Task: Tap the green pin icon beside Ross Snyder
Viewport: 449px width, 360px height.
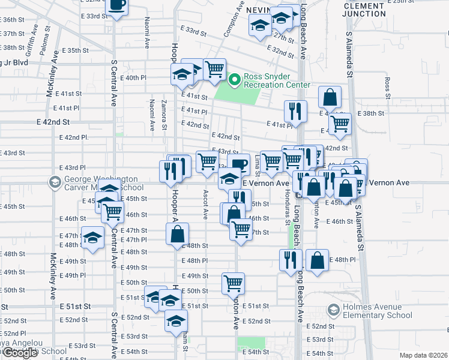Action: [x=235, y=79]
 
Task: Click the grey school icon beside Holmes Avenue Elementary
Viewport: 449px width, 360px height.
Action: [x=333, y=310]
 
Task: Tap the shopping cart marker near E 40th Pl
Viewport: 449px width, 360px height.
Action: [x=214, y=69]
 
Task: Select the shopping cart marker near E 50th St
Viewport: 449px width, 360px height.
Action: [x=233, y=283]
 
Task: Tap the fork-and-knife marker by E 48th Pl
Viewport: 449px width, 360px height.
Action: [x=289, y=260]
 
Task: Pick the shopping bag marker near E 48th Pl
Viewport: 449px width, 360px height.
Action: [x=318, y=260]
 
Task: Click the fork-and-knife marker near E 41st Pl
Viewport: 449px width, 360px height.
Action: [x=295, y=111]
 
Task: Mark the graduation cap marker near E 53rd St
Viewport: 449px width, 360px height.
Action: [x=176, y=321]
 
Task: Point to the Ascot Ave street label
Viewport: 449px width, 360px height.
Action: [x=205, y=205]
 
